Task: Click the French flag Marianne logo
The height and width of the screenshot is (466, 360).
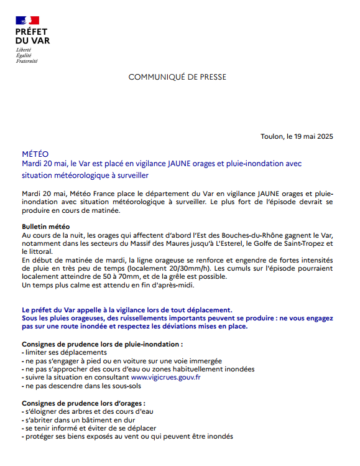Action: [x=27, y=21]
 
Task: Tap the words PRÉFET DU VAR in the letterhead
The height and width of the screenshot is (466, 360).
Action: [x=32, y=36]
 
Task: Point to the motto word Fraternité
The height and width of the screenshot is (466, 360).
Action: [x=27, y=62]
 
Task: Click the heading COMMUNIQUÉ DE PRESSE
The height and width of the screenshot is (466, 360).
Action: [x=177, y=77]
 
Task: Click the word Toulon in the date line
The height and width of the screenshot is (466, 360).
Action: [x=272, y=137]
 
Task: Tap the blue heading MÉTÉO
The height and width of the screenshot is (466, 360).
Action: [x=35, y=153]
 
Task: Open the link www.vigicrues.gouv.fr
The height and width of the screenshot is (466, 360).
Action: [x=165, y=377]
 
